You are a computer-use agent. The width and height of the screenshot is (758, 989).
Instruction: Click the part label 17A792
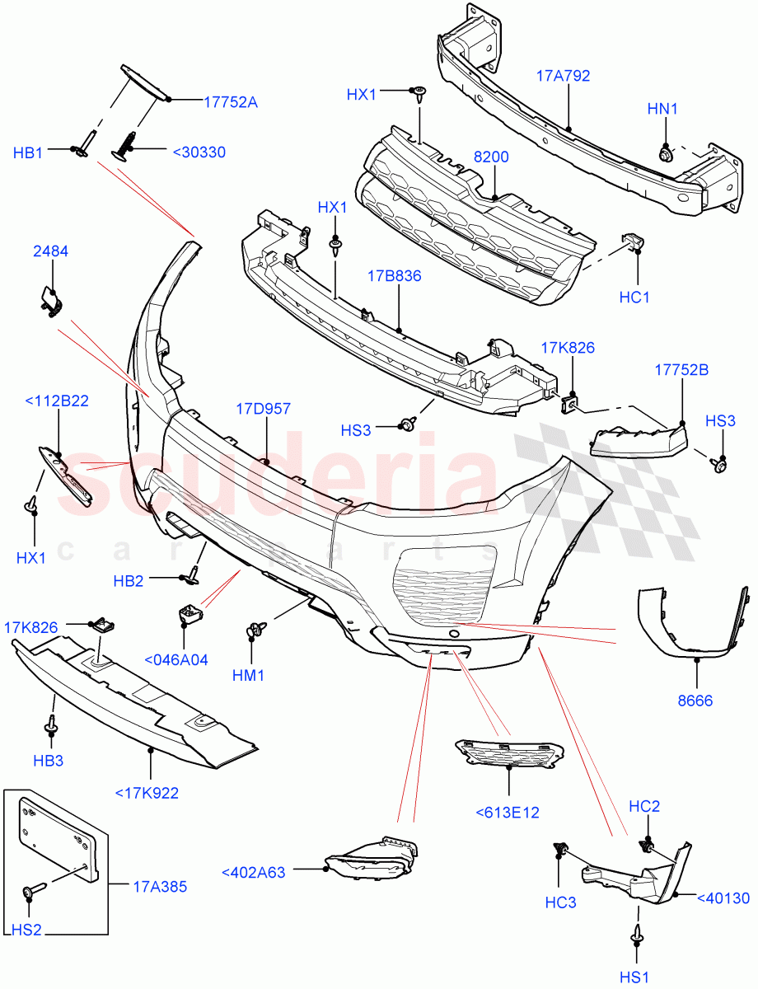[564, 76]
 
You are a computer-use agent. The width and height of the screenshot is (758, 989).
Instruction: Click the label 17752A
[231, 102]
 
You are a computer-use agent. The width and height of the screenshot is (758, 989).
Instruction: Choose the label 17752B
[681, 370]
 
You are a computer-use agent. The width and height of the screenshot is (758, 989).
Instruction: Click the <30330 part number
[199, 152]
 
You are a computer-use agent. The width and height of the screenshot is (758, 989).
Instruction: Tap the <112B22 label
[57, 401]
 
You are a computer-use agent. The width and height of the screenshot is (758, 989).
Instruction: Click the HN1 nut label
[662, 108]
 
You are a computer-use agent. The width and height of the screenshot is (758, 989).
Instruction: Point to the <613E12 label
[508, 812]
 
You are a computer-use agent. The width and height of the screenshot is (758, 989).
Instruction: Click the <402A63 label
[254, 872]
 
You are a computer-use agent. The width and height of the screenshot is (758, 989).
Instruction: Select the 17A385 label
[160, 887]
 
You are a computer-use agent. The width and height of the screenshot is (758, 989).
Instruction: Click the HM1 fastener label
[248, 675]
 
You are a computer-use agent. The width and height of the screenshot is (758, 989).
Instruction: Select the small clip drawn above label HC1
[632, 241]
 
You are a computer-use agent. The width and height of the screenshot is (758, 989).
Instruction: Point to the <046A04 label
[176, 659]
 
